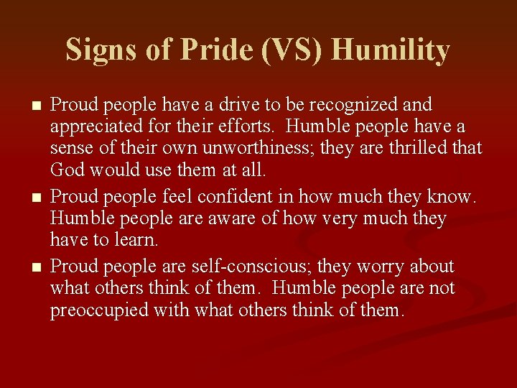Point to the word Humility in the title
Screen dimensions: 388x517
point(391,50)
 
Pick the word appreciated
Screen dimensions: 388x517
point(95,127)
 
